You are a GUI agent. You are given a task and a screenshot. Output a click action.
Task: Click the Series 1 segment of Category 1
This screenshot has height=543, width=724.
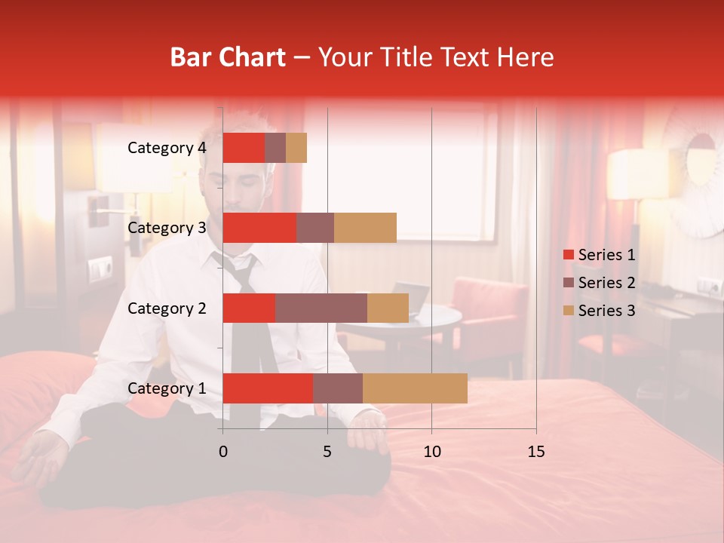[x=268, y=388]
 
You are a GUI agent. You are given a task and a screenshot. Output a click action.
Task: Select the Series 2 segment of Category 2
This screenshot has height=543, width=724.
[x=321, y=308]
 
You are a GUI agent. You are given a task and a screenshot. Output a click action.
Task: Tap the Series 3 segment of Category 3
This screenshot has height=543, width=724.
[x=365, y=228]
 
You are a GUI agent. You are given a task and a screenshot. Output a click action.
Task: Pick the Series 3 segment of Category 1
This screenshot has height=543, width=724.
[x=415, y=388]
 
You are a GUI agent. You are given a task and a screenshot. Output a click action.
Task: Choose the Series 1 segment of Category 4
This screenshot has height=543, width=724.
[x=244, y=148]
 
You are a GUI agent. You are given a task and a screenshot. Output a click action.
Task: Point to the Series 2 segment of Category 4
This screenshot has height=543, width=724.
[x=275, y=148]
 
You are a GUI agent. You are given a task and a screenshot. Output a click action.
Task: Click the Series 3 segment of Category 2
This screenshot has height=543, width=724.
[x=388, y=308]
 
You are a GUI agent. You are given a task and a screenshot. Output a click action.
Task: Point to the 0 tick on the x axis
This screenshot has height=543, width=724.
[x=222, y=452]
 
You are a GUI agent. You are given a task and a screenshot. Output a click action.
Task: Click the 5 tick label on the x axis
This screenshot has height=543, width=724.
[x=327, y=452]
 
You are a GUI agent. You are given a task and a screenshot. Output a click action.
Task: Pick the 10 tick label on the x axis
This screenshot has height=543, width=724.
[x=431, y=452]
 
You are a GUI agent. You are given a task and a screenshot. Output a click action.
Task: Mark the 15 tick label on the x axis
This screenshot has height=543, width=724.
[x=535, y=452]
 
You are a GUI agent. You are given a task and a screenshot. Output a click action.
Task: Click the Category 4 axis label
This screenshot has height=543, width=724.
[x=166, y=148]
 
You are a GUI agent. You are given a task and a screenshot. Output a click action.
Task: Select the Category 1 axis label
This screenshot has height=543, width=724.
[x=166, y=388]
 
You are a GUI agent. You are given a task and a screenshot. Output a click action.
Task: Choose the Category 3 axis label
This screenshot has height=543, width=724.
[x=166, y=228]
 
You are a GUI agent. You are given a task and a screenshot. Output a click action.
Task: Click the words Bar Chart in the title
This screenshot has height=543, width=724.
[x=228, y=57]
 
